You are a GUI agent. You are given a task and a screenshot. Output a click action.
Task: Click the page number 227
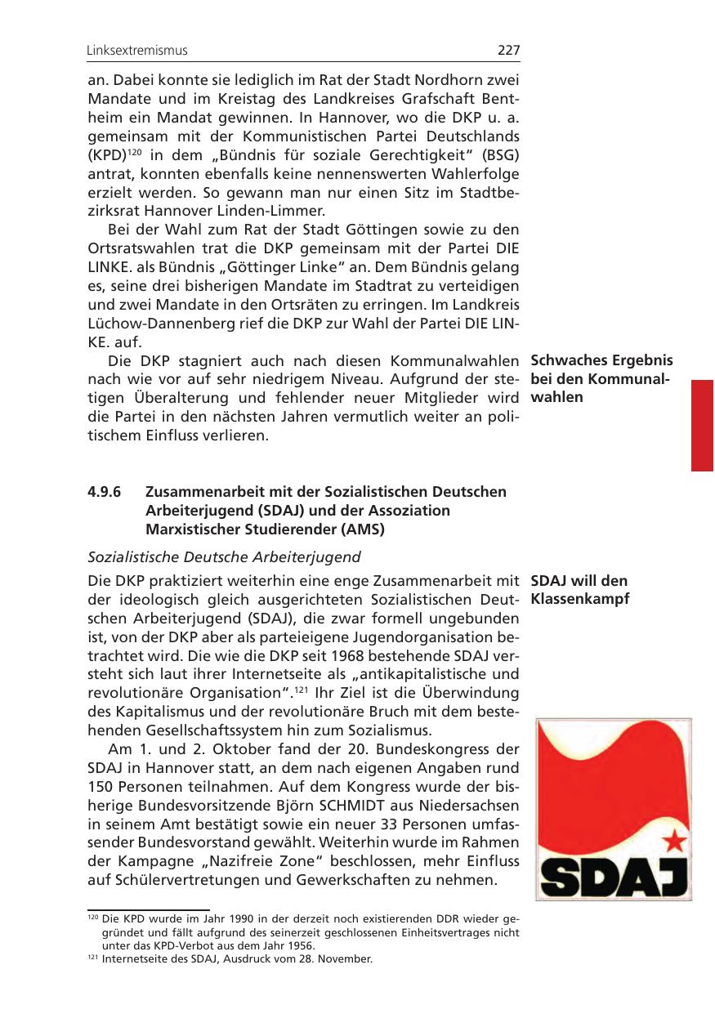tap(508, 51)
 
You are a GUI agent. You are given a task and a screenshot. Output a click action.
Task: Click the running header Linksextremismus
tap(137, 51)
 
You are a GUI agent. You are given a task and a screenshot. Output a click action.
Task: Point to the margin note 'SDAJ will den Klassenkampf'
tap(579, 590)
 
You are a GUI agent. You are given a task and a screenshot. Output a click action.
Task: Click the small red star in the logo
tap(673, 838)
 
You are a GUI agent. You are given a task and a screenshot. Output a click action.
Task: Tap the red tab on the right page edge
tap(702, 425)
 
